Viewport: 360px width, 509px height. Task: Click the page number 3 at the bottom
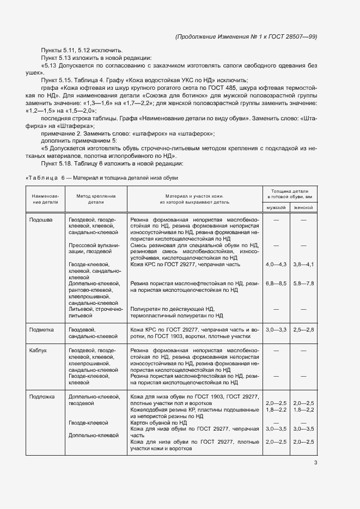tap(315, 463)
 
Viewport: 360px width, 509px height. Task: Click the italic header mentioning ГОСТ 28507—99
tap(246, 36)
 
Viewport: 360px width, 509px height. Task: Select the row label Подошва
tap(41, 219)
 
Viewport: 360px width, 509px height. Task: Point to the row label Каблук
tap(39, 350)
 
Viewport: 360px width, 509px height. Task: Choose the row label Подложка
tap(42, 396)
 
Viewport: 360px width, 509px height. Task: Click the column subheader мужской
tap(276, 207)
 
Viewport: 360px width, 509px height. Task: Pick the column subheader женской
tap(303, 207)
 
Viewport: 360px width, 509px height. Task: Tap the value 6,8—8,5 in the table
tap(276, 284)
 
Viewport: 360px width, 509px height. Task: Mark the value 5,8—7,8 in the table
tap(303, 284)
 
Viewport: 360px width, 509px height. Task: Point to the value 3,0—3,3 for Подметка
tap(276, 329)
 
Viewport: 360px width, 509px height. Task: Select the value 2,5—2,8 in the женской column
tap(303, 329)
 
